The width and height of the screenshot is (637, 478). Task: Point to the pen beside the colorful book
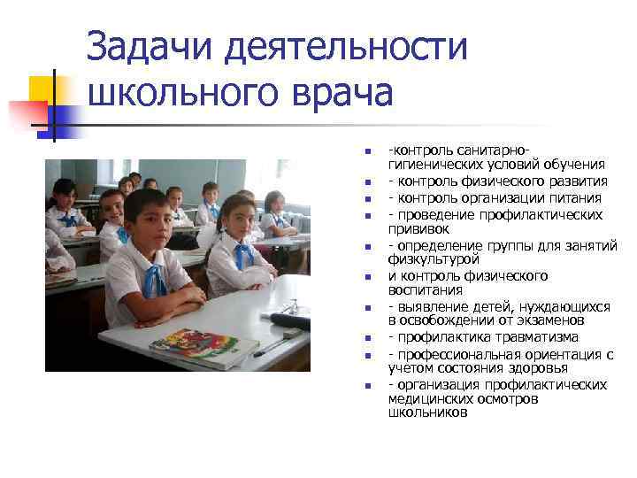click(266, 347)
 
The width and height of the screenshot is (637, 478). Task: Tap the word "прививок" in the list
click(418, 228)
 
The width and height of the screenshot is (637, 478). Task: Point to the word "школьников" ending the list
click(427, 412)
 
